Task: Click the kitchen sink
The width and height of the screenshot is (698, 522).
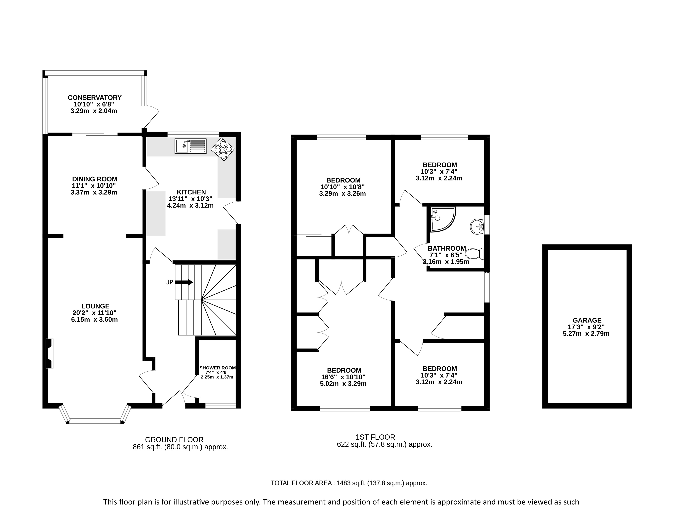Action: [191, 146]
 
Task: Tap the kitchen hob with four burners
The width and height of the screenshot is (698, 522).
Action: [223, 149]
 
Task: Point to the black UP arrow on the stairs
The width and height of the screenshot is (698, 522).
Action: [184, 282]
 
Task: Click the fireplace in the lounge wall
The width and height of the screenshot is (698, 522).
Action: [50, 353]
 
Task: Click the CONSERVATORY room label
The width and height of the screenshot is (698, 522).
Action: [95, 98]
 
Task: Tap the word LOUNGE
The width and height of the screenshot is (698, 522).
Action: [95, 306]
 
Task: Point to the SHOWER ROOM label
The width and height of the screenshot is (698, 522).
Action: [217, 368]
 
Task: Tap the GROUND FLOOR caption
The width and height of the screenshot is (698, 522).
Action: [174, 440]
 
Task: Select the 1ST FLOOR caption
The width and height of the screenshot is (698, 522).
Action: [375, 437]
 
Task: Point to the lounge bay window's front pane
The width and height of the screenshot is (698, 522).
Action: [95, 421]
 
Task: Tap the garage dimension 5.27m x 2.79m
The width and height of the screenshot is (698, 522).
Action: [586, 334]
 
